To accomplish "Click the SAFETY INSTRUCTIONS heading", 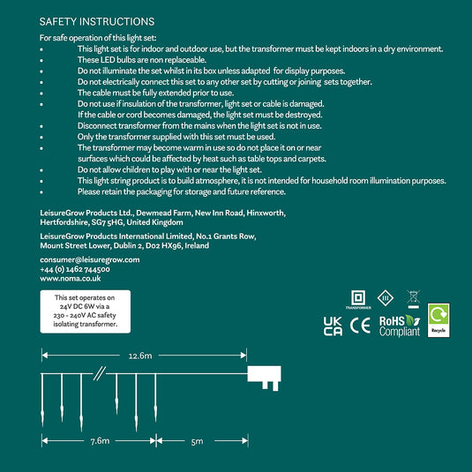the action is point(97,22).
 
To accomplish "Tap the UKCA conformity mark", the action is point(333,326).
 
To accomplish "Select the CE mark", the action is point(360,326).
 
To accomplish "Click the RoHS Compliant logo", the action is point(400,326).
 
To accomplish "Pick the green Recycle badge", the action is point(438,320).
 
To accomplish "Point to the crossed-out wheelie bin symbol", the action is point(413,299).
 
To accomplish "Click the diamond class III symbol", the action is point(386,298).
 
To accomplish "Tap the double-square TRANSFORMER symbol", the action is point(358,300).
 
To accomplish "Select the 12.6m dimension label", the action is point(140,356).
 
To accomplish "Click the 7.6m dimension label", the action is point(100,441).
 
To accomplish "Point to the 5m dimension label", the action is point(197,442).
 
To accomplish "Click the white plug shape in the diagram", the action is point(264,378).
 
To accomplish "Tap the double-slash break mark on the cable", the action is point(99,373).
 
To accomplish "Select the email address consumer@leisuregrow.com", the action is point(90,259).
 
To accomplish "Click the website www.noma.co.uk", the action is point(71,279).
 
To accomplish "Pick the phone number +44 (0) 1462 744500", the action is point(75,269).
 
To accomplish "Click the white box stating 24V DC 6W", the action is point(86,311).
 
